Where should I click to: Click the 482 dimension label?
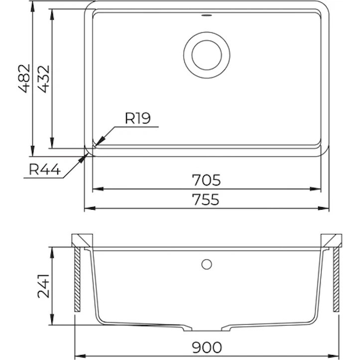[24, 79]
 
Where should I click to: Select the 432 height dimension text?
[43, 79]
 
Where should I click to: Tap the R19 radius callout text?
[138, 118]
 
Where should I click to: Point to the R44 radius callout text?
[45, 170]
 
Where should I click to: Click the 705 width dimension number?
[206, 180]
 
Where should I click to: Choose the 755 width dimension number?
[206, 199]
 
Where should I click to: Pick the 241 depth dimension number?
[43, 286]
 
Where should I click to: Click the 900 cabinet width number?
[207, 348]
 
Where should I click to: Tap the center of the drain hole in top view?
[207, 55]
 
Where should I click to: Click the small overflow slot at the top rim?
[207, 15]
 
